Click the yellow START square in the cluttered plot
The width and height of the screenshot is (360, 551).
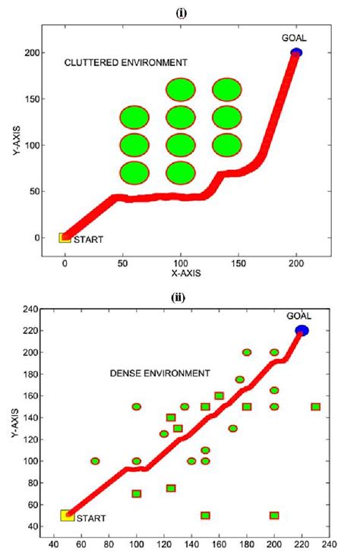point(65,238)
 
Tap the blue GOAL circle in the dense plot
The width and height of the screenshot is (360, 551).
point(302,330)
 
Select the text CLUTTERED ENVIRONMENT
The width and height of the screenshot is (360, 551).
point(125,61)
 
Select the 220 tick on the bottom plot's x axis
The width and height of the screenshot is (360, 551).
point(302,543)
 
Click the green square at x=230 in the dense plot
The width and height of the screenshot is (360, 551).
point(316,407)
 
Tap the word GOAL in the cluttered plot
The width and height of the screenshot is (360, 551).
point(295,37)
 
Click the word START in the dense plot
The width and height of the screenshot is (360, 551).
point(90,519)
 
